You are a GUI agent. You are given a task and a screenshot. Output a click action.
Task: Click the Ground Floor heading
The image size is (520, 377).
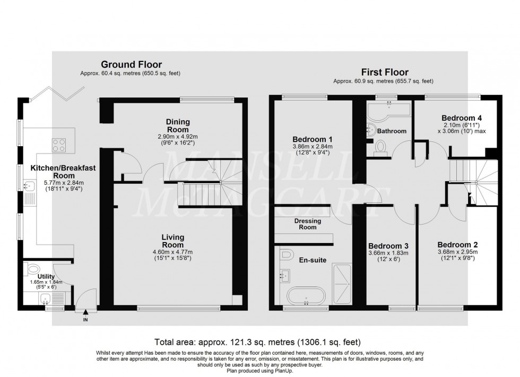(131, 65)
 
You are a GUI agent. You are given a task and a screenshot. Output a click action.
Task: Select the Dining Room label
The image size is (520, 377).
(178, 125)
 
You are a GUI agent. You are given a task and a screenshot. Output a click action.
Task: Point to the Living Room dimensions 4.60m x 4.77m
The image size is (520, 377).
(173, 252)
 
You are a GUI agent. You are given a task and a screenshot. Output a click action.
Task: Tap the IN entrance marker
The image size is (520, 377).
(84, 320)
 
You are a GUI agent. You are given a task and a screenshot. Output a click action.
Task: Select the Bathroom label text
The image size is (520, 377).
(392, 131)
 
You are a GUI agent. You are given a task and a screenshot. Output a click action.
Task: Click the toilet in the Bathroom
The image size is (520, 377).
(380, 146)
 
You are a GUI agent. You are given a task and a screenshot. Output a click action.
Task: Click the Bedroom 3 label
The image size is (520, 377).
(388, 246)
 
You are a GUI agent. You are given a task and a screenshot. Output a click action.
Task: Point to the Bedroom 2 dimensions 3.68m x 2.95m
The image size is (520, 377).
(457, 252)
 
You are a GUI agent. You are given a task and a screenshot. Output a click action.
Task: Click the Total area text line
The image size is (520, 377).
(257, 342)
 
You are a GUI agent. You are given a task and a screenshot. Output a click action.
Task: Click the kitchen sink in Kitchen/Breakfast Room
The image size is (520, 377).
(27, 185)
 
